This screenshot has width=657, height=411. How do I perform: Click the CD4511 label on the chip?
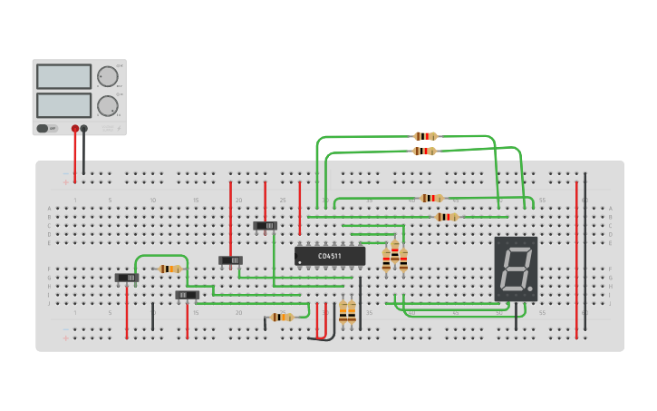tap(330, 257)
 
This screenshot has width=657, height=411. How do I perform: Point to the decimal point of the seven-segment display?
tap(530, 290)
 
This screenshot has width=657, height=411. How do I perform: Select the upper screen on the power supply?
tap(63, 76)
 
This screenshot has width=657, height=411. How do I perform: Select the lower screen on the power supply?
tap(63, 105)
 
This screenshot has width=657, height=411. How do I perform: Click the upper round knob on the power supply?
tap(107, 76)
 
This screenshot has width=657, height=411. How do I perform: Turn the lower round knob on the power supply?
tap(107, 105)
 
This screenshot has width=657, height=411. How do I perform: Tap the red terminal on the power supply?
tap(75, 129)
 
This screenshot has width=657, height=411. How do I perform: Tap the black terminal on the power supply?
tap(84, 129)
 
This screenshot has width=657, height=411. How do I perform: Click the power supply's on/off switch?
tap(43, 129)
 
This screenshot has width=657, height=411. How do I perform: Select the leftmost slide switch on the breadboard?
tap(127, 278)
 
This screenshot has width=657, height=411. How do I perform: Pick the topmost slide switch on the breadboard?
tap(265, 225)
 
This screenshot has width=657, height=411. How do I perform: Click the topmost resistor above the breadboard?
tap(425, 136)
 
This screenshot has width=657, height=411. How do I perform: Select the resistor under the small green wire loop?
tap(169, 269)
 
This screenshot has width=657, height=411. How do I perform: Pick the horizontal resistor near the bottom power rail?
tap(282, 317)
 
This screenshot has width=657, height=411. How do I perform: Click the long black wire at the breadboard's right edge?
tap(585, 254)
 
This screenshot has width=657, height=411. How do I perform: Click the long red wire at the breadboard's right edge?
tap(576, 259)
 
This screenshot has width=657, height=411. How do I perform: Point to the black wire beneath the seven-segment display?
tap(517, 316)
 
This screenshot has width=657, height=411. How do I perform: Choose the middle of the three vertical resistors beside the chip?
tap(394, 258)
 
